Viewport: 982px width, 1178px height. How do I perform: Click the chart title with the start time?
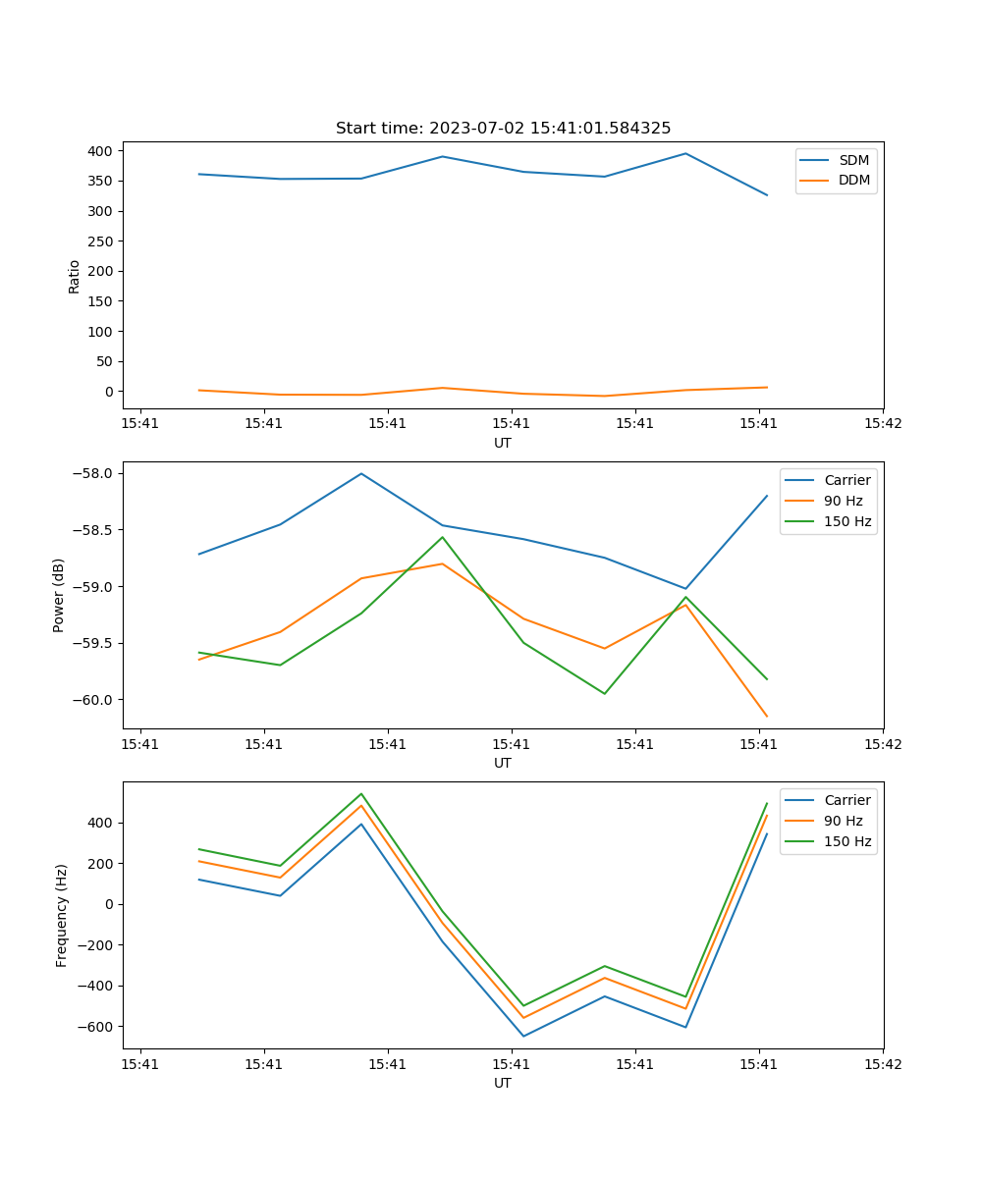pyautogui.click(x=503, y=129)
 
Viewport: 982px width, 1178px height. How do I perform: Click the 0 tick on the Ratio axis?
pyautogui.click(x=108, y=392)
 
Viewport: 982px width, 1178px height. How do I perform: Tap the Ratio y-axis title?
pyautogui.click(x=75, y=276)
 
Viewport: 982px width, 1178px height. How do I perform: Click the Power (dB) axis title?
pyautogui.click(x=59, y=595)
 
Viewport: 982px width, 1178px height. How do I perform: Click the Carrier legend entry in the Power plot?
pyautogui.click(x=846, y=480)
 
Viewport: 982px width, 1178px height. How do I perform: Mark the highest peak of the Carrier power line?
pyautogui.click(x=361, y=473)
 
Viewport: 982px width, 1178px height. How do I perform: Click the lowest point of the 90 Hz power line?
pyautogui.click(x=767, y=717)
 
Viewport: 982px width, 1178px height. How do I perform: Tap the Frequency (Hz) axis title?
pyautogui.click(x=62, y=916)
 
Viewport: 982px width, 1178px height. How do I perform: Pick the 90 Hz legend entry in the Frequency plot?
pyautogui.click(x=843, y=821)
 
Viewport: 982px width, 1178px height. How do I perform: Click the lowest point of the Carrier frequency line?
pyautogui.click(x=523, y=1037)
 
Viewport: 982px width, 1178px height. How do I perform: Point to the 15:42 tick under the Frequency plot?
pyautogui.click(x=882, y=1063)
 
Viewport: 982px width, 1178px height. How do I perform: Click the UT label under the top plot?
pyautogui.click(x=503, y=443)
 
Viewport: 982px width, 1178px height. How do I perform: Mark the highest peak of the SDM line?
pyautogui.click(x=685, y=153)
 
